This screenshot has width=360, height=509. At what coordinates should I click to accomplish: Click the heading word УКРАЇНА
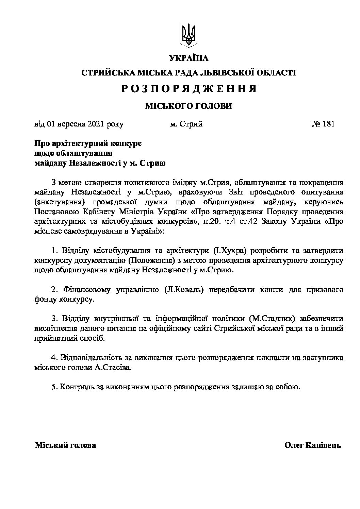pyautogui.click(x=189, y=58)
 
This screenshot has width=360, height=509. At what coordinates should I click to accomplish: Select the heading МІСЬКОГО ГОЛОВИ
pyautogui.click(x=189, y=106)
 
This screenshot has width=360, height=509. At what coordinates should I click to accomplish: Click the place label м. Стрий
pyautogui.click(x=186, y=124)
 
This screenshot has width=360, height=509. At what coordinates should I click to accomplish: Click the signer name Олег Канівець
pyautogui.click(x=312, y=445)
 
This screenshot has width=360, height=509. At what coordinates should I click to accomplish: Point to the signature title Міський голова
pyautogui.click(x=65, y=445)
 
